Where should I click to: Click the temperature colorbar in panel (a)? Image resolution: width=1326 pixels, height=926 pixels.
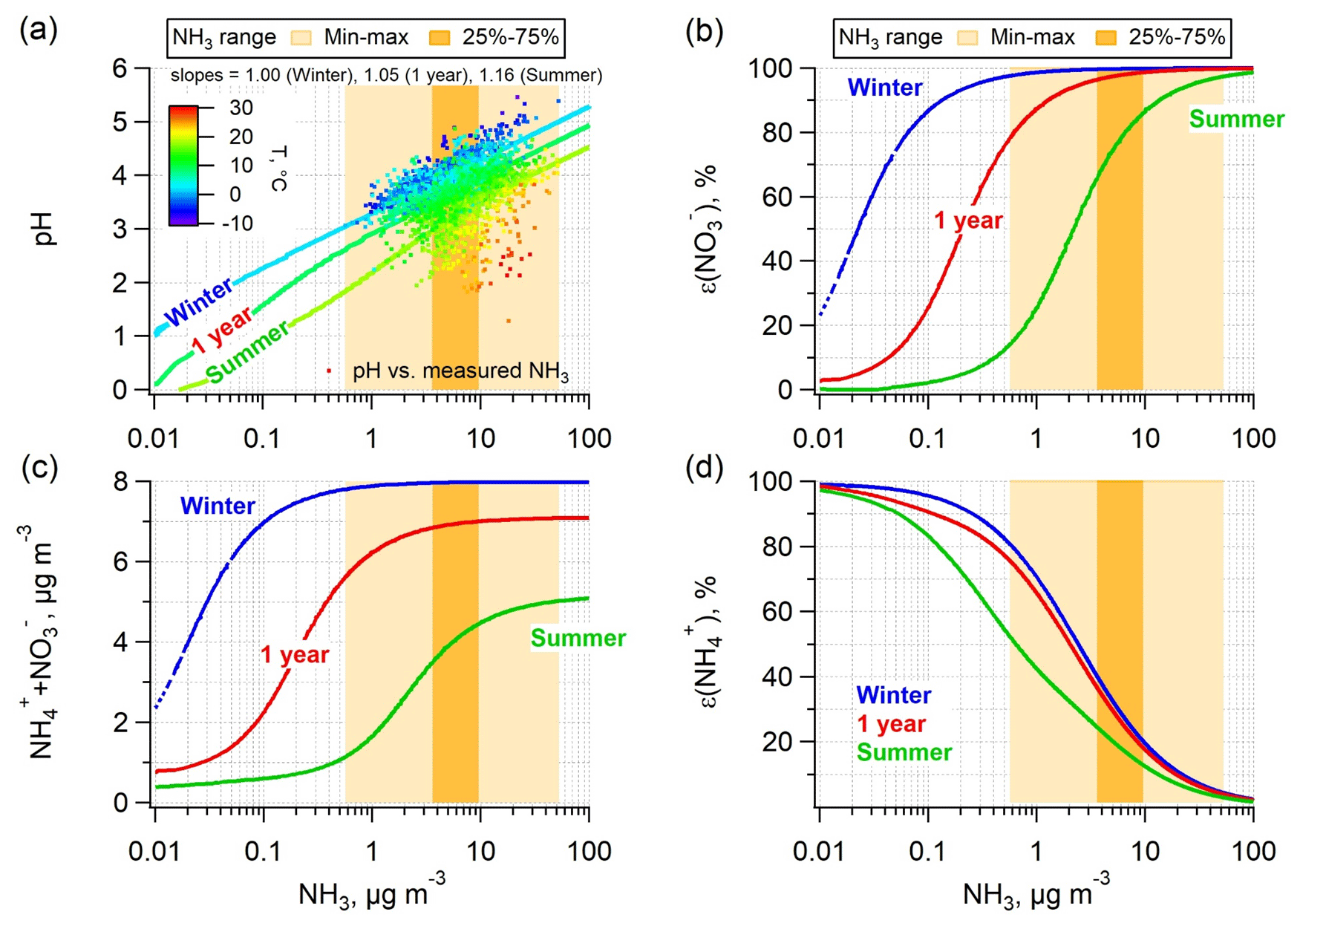pyautogui.click(x=183, y=165)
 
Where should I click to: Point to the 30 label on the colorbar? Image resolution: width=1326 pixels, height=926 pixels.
pyautogui.click(x=241, y=108)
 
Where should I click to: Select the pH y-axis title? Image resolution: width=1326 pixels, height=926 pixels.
pyautogui.click(x=45, y=229)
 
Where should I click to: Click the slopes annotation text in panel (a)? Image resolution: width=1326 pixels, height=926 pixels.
pyautogui.click(x=386, y=75)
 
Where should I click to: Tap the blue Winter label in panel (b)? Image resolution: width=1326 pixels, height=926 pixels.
pyautogui.click(x=884, y=88)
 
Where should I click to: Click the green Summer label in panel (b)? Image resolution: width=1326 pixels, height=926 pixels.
pyautogui.click(x=1236, y=119)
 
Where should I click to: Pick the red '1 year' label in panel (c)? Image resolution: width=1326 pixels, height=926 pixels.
pyautogui.click(x=294, y=654)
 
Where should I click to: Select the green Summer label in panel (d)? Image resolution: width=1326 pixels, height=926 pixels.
pyautogui.click(x=904, y=752)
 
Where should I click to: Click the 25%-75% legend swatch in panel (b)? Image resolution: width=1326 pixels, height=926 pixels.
pyautogui.click(x=1106, y=37)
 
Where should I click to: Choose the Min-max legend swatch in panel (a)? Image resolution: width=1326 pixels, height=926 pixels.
pyautogui.click(x=301, y=37)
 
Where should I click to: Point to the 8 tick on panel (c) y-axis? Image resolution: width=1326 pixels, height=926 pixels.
pyautogui.click(x=121, y=482)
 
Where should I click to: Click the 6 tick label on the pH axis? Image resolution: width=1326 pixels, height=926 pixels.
pyautogui.click(x=120, y=69)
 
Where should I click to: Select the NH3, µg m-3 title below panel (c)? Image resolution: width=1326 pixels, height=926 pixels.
pyautogui.click(x=371, y=893)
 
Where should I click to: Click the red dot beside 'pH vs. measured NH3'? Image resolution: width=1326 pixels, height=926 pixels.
pyautogui.click(x=329, y=370)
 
